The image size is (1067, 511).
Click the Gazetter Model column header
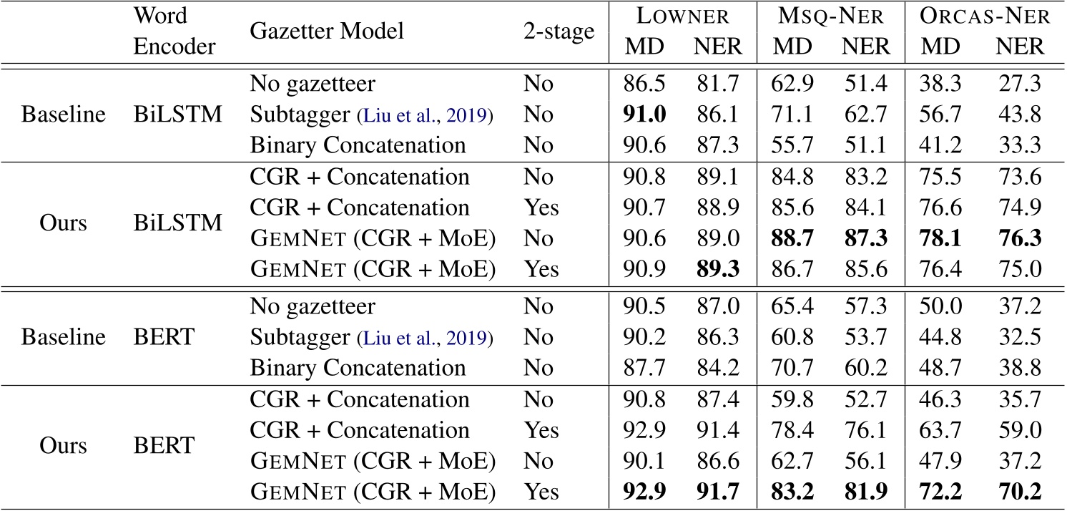327,31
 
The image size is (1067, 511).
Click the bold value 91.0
646,114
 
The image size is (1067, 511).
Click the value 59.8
796,399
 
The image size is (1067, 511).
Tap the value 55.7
796,145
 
